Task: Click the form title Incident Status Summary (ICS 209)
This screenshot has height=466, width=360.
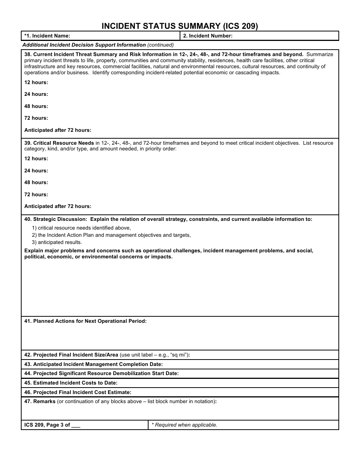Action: click(180, 26)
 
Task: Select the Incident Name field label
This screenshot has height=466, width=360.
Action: click(47, 36)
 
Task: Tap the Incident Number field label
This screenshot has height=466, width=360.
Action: click(208, 36)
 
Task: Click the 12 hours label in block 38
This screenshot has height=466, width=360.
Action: click(36, 83)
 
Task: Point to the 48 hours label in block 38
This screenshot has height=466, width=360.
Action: click(36, 106)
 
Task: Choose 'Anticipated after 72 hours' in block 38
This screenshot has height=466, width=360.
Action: click(58, 130)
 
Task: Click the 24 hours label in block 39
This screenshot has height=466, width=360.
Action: click(36, 170)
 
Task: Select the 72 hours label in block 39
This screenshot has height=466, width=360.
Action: click(36, 194)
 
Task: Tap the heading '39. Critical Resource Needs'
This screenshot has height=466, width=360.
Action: click(59, 143)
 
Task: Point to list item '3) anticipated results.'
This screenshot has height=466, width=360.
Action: click(57, 242)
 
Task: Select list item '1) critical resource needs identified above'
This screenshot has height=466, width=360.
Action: click(81, 228)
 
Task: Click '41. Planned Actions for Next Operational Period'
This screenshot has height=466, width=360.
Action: click(85, 321)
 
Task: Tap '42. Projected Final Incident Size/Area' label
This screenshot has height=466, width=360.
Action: click(71, 355)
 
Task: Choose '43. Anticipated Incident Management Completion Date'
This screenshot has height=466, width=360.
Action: click(93, 364)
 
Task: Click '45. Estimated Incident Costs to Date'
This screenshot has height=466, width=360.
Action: click(71, 383)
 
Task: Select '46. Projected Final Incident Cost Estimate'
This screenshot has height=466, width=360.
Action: click(78, 392)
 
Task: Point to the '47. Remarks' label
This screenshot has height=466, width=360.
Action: click(40, 401)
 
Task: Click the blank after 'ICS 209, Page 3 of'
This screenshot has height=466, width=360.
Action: click(76, 425)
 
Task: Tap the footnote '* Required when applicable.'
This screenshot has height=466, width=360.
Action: click(185, 425)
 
